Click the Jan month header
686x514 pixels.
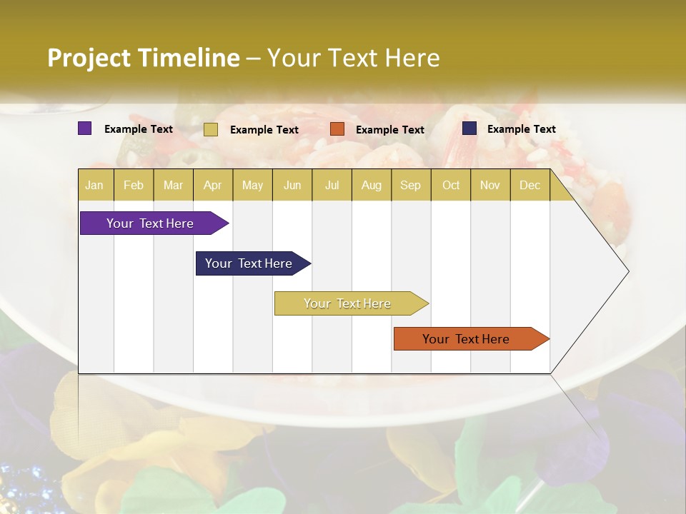pos(94,185)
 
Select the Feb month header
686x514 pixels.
pos(134,185)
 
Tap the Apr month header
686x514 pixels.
pos(212,185)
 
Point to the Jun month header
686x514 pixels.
pos(292,185)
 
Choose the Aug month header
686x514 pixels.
pos(371,185)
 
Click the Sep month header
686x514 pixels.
pos(410,185)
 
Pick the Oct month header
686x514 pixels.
pos(451,185)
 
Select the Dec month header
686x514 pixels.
pos(530,185)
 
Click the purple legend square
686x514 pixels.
pos(84,128)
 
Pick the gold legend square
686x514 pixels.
pos(210,129)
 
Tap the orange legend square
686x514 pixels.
pos(337,128)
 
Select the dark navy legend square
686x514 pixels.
pos(469,128)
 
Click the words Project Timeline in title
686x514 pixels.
pos(144,58)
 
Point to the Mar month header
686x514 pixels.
pos(173,185)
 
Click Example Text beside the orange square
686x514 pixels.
pos(389,129)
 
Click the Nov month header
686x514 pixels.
pos(489,185)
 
